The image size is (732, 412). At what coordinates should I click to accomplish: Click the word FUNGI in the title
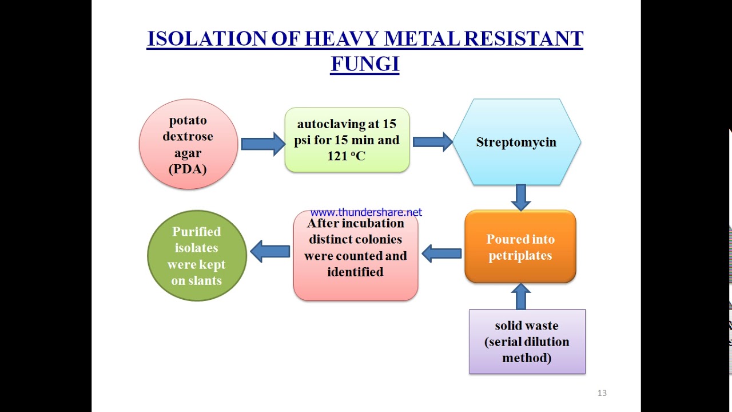(x=364, y=64)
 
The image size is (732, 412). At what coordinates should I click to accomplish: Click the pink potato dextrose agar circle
(x=188, y=144)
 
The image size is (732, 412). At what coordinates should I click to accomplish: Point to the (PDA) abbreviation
(x=188, y=169)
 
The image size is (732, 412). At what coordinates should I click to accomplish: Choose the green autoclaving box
(x=347, y=140)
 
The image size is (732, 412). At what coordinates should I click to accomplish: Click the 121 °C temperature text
(x=346, y=156)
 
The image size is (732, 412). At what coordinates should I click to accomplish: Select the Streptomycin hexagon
(x=516, y=142)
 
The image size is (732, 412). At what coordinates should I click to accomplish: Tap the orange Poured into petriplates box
(x=520, y=247)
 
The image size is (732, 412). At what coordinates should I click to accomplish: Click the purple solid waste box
(x=527, y=342)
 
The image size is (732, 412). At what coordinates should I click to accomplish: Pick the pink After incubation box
(x=355, y=256)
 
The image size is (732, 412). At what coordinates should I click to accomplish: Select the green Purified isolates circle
(x=197, y=256)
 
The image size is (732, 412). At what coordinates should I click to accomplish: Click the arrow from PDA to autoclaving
(x=262, y=144)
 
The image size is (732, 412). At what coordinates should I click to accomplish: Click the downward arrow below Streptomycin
(x=520, y=197)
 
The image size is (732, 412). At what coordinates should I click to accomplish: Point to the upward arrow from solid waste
(x=520, y=296)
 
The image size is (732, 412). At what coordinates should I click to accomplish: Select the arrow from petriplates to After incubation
(x=441, y=253)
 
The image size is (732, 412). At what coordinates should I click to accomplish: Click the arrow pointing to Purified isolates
(x=270, y=251)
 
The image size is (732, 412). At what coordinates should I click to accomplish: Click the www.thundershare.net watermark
(x=366, y=212)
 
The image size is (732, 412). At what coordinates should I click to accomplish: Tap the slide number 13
(x=602, y=393)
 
